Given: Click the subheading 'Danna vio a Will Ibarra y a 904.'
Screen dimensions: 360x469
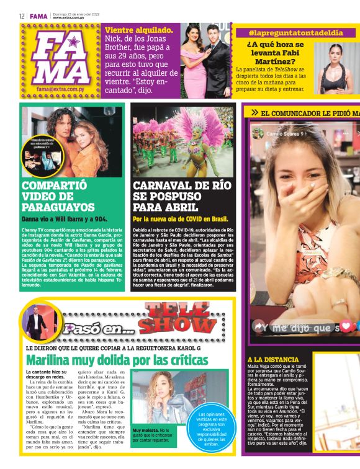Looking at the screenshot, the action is pos(65,219).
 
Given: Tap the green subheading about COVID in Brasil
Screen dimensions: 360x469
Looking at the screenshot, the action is pos(181,219).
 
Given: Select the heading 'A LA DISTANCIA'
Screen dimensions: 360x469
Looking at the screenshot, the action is pos(272,359).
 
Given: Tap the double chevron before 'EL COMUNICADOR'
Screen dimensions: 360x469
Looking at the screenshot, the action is pos(254,112).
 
